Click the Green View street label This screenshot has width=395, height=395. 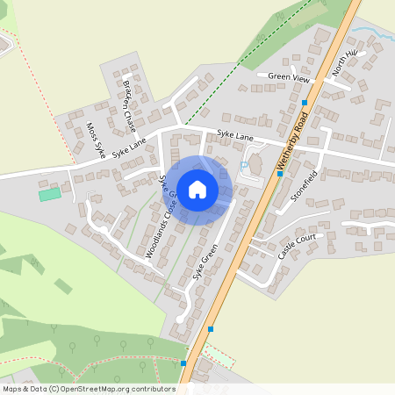click(290, 78)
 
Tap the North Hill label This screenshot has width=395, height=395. click(344, 63)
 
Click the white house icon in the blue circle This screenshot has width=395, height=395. click(197, 189)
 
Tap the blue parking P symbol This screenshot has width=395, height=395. click(244, 164)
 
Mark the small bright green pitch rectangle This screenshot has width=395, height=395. click(50, 193)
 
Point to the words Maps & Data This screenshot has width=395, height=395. click(25, 388)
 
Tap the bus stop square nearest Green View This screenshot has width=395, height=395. click(304, 103)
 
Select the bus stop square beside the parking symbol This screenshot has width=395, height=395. click(279, 174)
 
